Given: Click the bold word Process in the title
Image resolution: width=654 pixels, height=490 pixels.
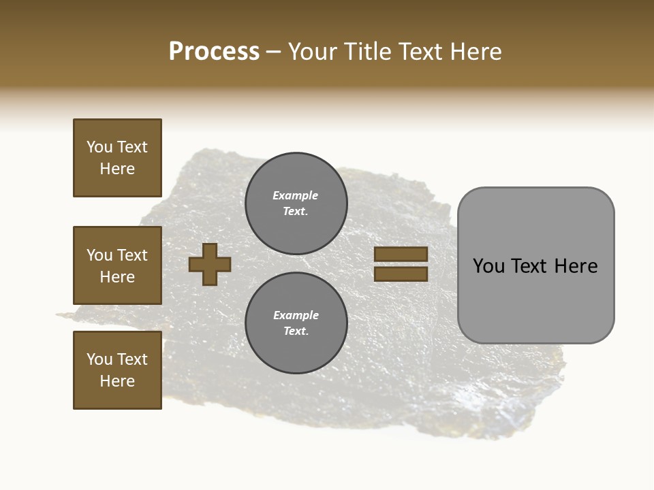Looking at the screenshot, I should (x=214, y=52).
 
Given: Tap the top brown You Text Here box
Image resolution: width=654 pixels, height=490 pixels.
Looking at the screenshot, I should (x=117, y=158).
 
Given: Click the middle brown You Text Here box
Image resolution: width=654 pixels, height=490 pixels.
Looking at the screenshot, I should (x=117, y=265).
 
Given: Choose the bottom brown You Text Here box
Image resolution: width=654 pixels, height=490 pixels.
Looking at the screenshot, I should (x=117, y=370).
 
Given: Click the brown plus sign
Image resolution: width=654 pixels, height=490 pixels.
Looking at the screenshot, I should (x=210, y=264).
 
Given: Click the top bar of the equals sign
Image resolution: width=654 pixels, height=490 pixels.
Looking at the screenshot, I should (x=401, y=254).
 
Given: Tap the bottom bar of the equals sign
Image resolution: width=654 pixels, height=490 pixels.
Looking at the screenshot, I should (x=401, y=274).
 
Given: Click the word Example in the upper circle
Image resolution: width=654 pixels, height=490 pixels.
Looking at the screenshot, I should (x=295, y=195).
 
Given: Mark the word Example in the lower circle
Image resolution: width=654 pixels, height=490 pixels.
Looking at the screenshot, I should (x=296, y=315).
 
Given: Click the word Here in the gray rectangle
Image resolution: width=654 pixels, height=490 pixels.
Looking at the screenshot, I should (x=576, y=266).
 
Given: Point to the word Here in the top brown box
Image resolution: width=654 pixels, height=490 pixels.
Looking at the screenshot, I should (x=117, y=169).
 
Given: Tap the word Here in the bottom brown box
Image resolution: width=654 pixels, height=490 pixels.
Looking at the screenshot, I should (x=117, y=381).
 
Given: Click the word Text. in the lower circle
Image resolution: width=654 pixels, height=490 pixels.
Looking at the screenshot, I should (x=296, y=331).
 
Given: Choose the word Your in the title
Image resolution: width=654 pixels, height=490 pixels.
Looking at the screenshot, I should (x=314, y=52).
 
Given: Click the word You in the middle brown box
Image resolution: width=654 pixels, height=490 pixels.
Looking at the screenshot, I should (x=99, y=255).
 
